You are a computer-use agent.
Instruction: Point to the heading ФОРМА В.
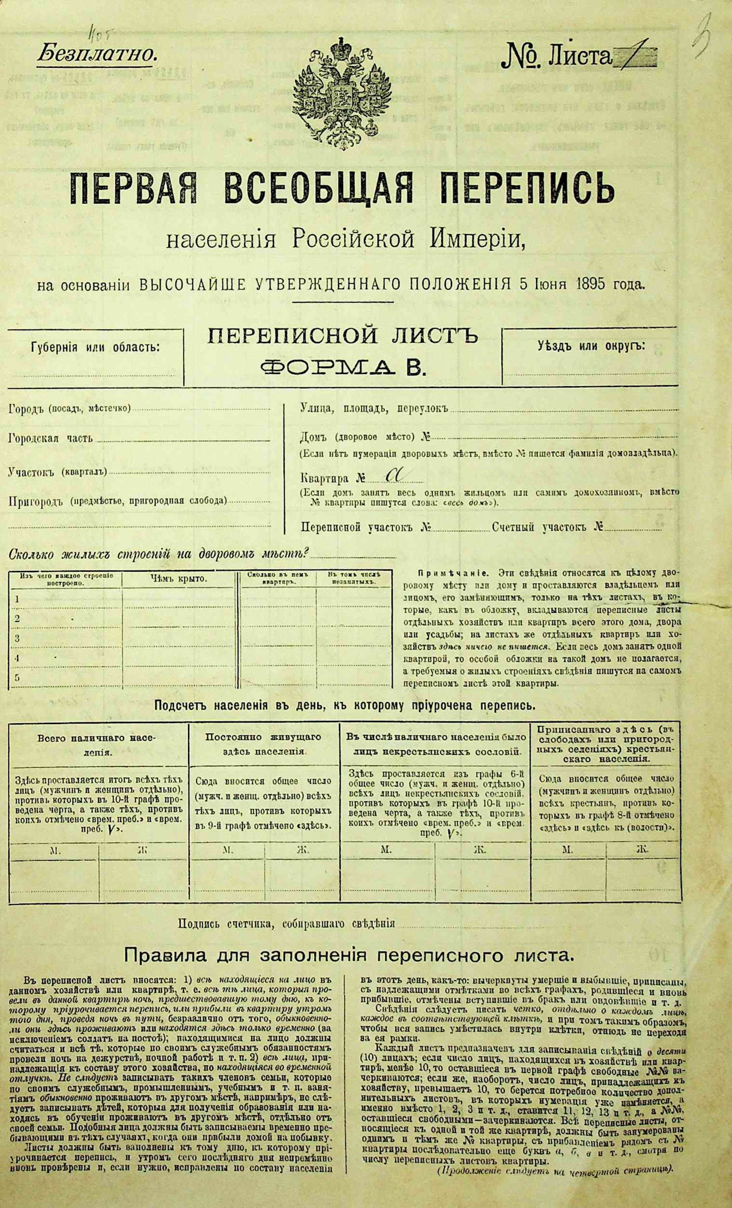coord(342,367)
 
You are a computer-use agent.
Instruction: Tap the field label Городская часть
coord(51,438)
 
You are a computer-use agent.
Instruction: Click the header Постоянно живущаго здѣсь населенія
coord(263,744)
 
